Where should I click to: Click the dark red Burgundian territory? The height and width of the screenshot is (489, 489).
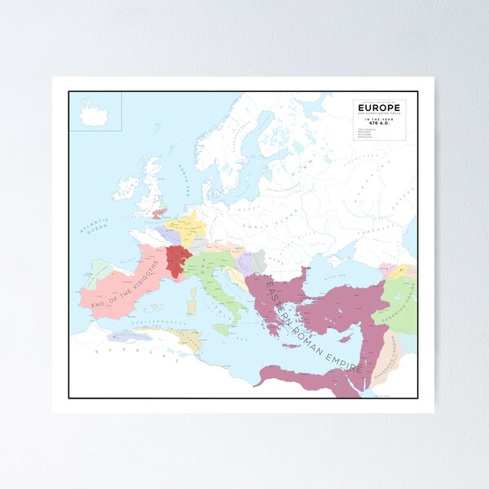(x=177, y=260)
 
